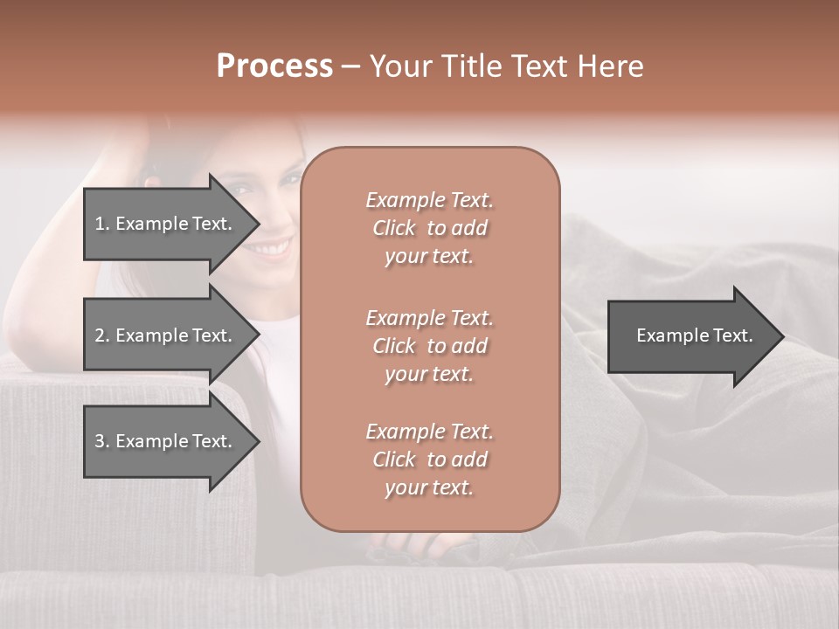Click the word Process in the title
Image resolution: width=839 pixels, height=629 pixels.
pos(274,66)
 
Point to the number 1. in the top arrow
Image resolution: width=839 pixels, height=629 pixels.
pos(101,224)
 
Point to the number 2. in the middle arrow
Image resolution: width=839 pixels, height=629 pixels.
pos(101,335)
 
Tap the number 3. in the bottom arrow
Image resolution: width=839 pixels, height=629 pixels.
pos(101,441)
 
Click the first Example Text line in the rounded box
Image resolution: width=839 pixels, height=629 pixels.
pos(429,200)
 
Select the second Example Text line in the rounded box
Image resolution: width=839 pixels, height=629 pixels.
pos(429,317)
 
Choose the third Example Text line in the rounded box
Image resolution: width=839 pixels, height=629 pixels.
pos(429,432)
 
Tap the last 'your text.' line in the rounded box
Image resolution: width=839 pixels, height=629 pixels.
pos(429,488)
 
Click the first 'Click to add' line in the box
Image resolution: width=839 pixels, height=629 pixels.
pos(429,228)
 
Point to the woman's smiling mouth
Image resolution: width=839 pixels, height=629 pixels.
pos(273,249)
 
